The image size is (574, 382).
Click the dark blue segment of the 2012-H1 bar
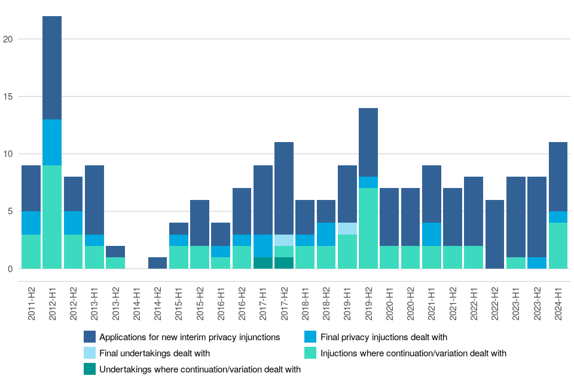(52, 67)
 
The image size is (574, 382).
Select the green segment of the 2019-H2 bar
(368, 229)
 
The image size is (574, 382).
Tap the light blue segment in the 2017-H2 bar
(284, 240)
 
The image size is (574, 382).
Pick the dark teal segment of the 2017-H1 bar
(263, 263)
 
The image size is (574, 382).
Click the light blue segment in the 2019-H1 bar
(347, 229)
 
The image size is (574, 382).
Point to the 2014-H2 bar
(158, 263)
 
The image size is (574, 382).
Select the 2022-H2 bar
(494, 234)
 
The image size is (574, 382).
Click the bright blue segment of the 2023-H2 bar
(537, 263)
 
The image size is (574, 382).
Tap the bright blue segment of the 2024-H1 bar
(558, 217)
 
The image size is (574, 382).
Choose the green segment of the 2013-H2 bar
(115, 263)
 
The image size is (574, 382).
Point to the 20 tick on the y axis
(17, 39)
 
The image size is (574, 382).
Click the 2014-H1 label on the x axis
(137, 304)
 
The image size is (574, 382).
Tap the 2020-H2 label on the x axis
(411, 304)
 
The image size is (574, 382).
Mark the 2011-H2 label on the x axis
(32, 304)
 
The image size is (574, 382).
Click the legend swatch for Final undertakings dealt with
(90, 353)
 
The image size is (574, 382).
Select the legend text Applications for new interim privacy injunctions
(190, 337)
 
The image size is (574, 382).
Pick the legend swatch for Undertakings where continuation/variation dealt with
(90, 369)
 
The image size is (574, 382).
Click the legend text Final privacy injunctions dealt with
(384, 337)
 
